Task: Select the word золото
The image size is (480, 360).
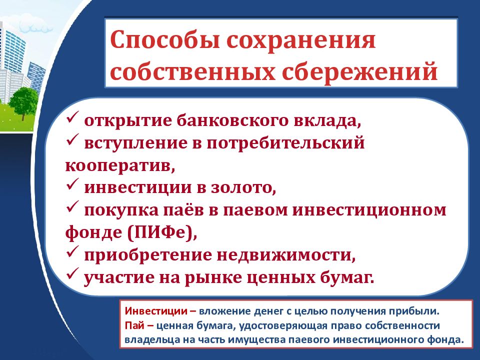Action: (240, 188)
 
